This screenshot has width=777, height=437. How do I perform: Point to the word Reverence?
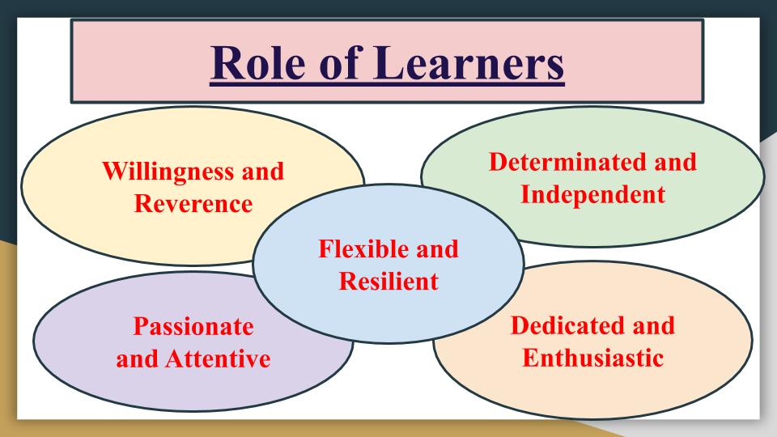tap(193, 204)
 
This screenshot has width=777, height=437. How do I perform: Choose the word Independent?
tap(592, 195)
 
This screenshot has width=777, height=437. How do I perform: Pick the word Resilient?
tap(388, 281)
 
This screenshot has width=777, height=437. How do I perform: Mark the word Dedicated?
tap(569, 325)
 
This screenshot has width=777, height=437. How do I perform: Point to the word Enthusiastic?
tap(592, 357)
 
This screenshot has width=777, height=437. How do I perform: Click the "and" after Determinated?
tap(675, 162)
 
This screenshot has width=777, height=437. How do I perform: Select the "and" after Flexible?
tap(436, 248)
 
